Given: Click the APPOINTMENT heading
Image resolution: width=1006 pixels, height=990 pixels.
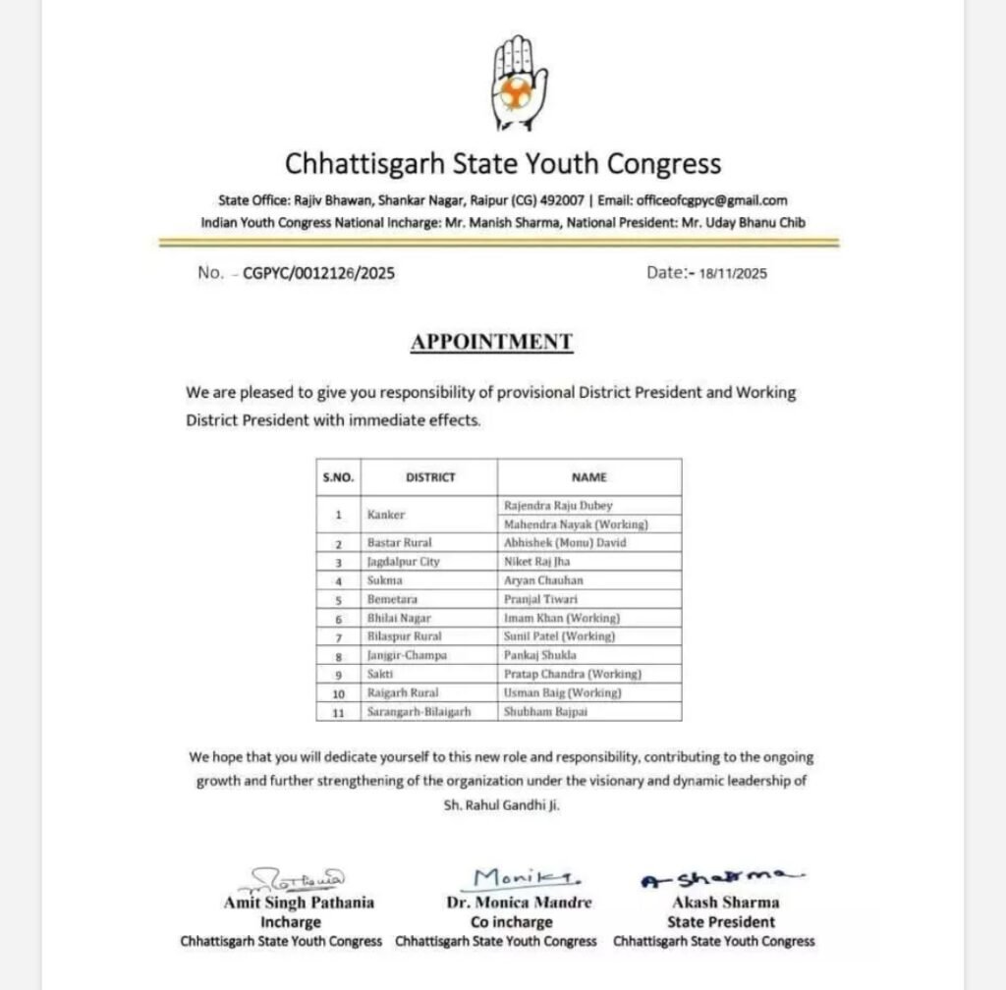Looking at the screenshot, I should pos(491,342).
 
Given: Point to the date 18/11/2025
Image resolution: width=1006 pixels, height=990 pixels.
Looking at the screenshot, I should pos(733,275).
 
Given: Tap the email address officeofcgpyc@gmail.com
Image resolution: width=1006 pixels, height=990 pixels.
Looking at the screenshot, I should pos(711,200).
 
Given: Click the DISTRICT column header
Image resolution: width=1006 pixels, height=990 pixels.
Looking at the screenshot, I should pos(430,477).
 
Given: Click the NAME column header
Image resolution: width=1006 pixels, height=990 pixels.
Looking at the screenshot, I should pos(588,477).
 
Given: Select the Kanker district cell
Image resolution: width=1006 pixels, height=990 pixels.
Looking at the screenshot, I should pos(385,515).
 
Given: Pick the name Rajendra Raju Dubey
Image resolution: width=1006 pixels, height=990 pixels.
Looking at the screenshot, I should pos(558,506).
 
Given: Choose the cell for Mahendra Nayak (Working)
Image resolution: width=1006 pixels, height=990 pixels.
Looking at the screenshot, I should pos(576,524).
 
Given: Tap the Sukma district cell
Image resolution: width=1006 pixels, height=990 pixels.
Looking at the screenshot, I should pos(380,580).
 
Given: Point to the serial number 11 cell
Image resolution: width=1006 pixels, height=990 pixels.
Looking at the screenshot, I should pos(338,712).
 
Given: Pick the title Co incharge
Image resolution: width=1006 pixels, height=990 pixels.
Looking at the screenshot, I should pos(497,922).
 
